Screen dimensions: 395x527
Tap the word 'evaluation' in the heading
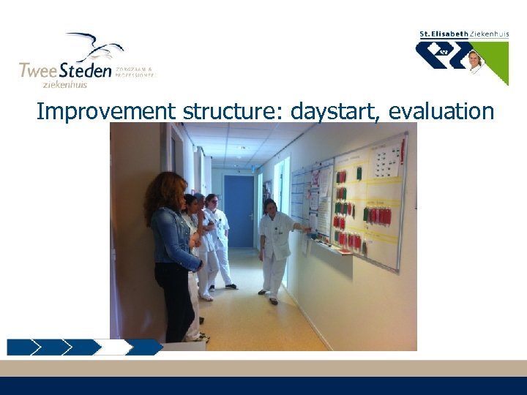click(441, 112)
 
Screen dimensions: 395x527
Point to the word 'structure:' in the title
click(233, 112)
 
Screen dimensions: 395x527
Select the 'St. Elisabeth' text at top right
click(443, 34)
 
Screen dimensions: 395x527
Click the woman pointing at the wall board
click(274, 249)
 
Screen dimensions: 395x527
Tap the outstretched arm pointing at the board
click(297, 228)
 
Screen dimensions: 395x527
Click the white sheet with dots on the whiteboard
click(386, 161)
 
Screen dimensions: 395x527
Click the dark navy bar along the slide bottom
click(263, 385)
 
